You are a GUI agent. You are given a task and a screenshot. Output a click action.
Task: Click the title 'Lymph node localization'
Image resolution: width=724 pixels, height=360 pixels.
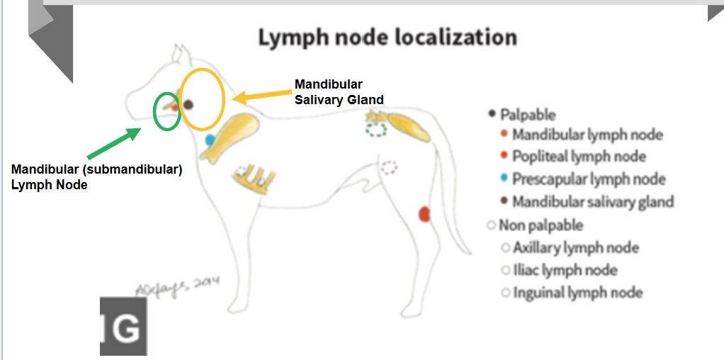pos(387,37)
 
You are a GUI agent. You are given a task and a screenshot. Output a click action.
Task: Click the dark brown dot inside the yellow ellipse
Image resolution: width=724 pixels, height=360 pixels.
pos(188,105)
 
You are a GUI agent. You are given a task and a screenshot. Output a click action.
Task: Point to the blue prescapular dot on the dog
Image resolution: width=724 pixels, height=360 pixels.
pos(210,140)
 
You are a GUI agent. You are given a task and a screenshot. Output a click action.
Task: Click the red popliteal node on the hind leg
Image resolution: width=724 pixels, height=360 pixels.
pos(425,213)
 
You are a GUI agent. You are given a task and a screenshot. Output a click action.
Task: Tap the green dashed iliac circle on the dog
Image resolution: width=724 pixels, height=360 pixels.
pos(377,129)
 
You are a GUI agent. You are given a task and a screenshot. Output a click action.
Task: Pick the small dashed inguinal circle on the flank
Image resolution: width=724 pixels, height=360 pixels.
pos(389,168)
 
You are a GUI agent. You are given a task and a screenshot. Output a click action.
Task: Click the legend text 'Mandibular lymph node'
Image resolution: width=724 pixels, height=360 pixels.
pos(587,135)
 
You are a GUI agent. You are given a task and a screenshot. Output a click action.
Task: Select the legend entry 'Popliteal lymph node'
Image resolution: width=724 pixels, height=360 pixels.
pos(579,157)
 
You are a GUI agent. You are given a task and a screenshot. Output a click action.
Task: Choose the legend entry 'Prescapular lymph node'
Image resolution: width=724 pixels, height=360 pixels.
pos(589,179)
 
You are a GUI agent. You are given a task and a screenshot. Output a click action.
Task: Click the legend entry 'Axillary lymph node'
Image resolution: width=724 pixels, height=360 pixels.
pos(575,248)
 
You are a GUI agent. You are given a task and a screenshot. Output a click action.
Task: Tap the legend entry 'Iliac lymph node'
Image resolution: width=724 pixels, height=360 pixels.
pos(565,270)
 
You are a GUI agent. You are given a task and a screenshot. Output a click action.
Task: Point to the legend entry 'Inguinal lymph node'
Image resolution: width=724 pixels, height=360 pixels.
pos(577,292)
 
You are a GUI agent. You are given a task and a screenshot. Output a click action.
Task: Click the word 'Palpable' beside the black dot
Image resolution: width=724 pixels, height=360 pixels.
pos(528,114)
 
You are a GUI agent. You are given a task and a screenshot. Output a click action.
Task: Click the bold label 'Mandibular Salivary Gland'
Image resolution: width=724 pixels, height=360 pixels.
pos(339,92)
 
